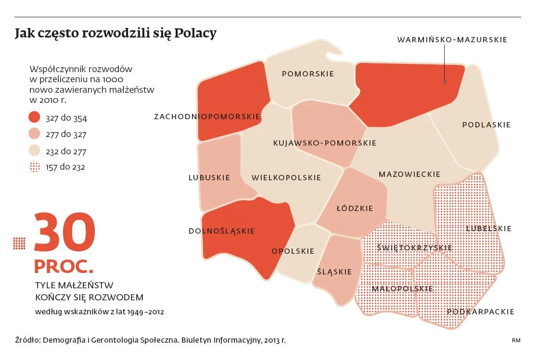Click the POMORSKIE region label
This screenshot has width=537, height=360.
pyautogui.click(x=308, y=74)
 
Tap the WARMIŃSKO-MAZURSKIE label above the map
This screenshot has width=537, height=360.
pyautogui.click(x=452, y=40)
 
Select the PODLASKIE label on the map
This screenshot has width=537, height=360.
pyautogui.click(x=486, y=125)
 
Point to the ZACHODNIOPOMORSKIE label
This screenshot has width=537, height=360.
pyautogui.click(x=207, y=117)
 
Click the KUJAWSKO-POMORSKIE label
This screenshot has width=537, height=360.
pyautogui.click(x=325, y=143)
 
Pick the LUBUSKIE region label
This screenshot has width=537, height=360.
pyautogui.click(x=209, y=178)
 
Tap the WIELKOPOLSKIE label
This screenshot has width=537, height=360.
pyautogui.click(x=286, y=178)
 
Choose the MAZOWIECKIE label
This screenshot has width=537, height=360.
pyautogui.click(x=409, y=174)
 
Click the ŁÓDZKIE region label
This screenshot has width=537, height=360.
pyautogui.click(x=355, y=209)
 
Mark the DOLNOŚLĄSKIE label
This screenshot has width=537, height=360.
pyautogui.click(x=222, y=231)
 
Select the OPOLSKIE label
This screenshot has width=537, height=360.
pyautogui.click(x=293, y=251)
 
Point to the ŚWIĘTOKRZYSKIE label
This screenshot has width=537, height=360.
pyautogui.click(x=415, y=248)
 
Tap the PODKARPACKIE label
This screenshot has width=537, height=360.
pyautogui.click(x=481, y=312)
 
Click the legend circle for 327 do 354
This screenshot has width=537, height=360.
pyautogui.click(x=35, y=118)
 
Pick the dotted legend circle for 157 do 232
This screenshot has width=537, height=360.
pyautogui.click(x=35, y=167)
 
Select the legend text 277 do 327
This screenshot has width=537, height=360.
pyautogui.click(x=66, y=135)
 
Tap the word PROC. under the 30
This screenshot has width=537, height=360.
pyautogui.click(x=64, y=266)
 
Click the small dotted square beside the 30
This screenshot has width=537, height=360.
pyautogui.click(x=19, y=243)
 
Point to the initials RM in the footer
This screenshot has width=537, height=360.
pyautogui.click(x=516, y=340)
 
